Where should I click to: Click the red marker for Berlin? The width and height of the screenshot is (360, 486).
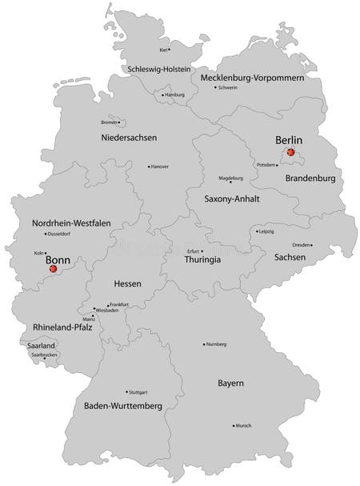(x=290, y=151)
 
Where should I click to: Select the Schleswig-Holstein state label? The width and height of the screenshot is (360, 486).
(x=159, y=70)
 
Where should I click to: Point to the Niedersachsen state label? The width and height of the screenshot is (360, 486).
(x=128, y=138)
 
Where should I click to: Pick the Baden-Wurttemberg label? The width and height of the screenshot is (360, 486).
(x=123, y=406)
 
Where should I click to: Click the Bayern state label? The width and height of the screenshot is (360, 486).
(x=230, y=384)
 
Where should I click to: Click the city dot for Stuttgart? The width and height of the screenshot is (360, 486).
(x=126, y=392)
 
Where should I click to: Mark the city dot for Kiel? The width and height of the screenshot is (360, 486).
(x=169, y=50)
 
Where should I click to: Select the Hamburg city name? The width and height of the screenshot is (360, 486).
(x=175, y=94)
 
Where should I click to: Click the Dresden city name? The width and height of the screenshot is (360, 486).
(x=302, y=244)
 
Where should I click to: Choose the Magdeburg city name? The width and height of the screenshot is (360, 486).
(x=231, y=178)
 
